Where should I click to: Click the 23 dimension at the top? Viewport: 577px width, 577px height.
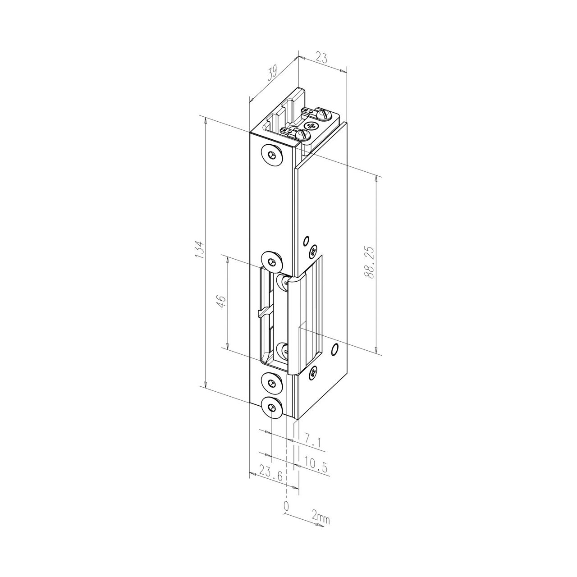click(x=321, y=58)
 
